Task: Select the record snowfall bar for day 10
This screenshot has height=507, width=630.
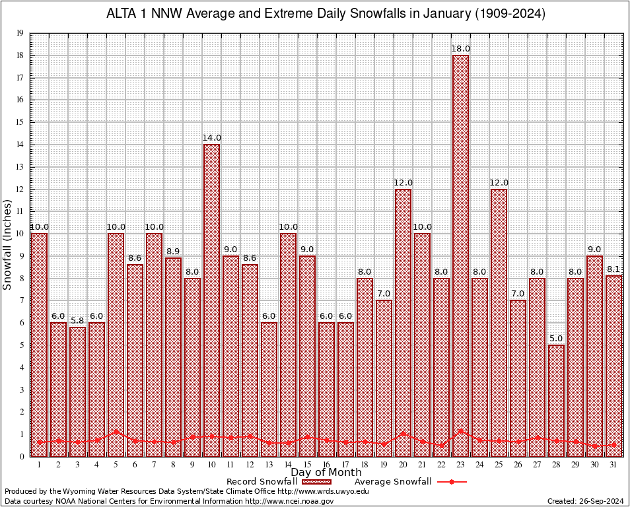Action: (211, 297)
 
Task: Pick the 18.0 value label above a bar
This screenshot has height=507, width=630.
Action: (460, 49)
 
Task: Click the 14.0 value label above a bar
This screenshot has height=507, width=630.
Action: (211, 138)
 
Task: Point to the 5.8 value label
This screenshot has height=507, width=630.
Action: (77, 321)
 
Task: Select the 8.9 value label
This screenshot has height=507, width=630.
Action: (173, 252)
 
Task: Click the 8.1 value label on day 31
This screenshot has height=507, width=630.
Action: (613, 269)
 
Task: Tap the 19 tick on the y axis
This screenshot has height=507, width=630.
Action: (20, 33)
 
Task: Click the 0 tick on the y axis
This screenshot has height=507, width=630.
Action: (22, 456)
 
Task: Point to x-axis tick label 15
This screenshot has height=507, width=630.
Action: (307, 465)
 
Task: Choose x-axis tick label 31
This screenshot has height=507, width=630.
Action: (613, 465)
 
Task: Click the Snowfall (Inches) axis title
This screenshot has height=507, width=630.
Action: (8, 244)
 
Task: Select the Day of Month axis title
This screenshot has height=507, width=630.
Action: (326, 473)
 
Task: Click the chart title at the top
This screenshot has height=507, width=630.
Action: (326, 14)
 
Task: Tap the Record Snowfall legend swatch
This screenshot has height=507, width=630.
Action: (314, 482)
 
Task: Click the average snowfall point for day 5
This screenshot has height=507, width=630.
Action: (116, 431)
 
